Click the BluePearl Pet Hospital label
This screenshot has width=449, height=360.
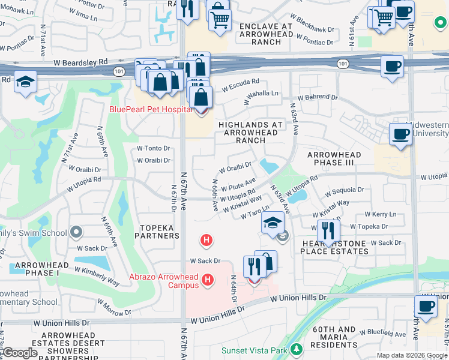click(x=151, y=109)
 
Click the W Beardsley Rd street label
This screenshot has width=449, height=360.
click(x=80, y=62)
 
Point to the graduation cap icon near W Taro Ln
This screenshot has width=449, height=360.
click(x=273, y=223)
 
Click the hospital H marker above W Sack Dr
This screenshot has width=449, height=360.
click(x=206, y=241)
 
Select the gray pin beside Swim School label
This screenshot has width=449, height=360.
click(x=76, y=232)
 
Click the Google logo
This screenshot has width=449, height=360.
click(x=20, y=352)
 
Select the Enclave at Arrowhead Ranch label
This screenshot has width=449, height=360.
click(x=266, y=34)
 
